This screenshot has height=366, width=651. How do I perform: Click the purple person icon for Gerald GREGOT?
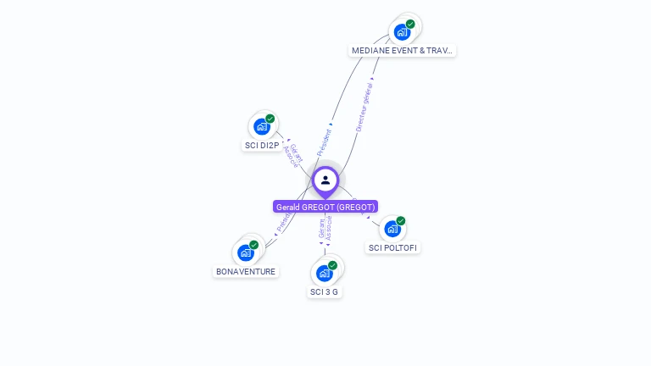tap(325, 180)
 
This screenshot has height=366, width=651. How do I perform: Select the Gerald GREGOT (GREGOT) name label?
tap(325, 207)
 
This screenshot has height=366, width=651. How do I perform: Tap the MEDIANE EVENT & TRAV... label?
tap(403, 51)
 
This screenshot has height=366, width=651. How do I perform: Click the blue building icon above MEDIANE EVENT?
tap(402, 32)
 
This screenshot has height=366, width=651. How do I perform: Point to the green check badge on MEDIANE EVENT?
tap(410, 24)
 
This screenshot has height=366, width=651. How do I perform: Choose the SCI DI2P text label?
tap(262, 146)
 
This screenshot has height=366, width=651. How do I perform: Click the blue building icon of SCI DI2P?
tap(262, 127)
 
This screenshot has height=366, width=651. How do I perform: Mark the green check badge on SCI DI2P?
tap(270, 119)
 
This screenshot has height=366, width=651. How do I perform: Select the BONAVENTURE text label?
tap(246, 272)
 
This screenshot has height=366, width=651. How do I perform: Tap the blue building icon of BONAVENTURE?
tap(246, 252)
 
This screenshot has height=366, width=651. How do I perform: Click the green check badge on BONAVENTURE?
tap(254, 245)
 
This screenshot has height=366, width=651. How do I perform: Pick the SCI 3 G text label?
tap(324, 292)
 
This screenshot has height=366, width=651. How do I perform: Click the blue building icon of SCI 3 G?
tap(324, 273)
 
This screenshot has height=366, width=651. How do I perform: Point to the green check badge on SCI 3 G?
tap(332, 265)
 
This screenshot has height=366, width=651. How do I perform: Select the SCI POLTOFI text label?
tap(392, 248)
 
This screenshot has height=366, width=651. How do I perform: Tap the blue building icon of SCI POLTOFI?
tap(392, 229)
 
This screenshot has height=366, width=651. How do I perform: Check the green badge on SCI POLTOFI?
tap(401, 221)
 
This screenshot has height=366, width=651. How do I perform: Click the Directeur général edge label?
tap(364, 104)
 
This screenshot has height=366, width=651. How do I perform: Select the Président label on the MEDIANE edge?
tap(325, 141)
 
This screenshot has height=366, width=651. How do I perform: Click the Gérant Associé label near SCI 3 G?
tap(325, 230)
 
